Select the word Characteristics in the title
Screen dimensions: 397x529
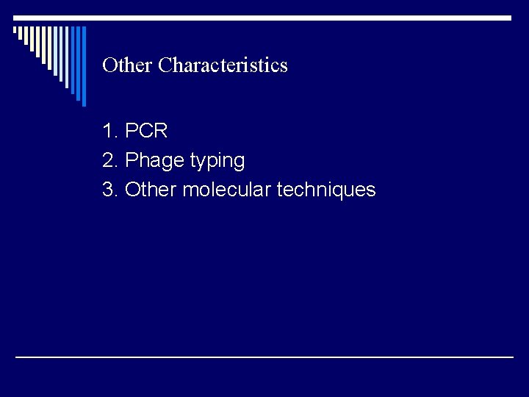coord(223,65)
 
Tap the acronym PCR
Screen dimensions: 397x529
coord(147,132)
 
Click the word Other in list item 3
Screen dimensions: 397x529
coord(151,190)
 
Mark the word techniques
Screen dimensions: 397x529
coord(325,190)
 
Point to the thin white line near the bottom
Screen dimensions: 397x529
coord(264,357)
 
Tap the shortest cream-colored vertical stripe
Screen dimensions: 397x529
coord(15,29)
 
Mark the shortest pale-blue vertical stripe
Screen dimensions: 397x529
coord(55,51)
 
